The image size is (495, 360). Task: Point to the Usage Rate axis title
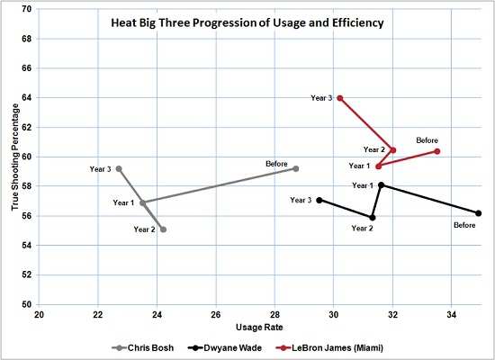tap(259, 327)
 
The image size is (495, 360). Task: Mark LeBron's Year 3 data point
tap(339, 98)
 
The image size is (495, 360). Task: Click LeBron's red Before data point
tap(437, 151)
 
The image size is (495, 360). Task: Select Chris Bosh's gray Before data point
tap(295, 168)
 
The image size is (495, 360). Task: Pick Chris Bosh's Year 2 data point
tap(163, 229)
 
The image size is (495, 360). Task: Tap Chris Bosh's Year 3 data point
tap(119, 168)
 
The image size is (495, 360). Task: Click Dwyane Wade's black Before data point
tap(479, 213)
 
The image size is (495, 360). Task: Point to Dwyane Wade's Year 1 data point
tap(382, 184)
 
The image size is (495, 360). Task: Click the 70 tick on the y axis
tap(26, 9)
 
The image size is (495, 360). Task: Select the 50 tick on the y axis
tap(26, 305)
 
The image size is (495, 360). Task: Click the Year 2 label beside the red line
tap(374, 149)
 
